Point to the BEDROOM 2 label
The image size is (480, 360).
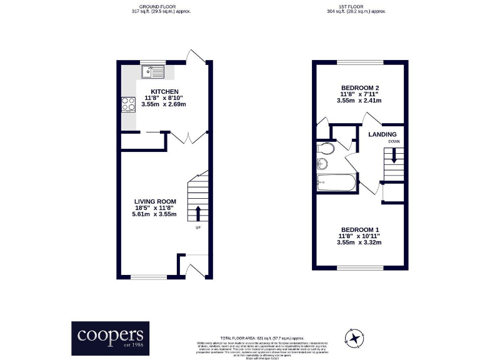[x=360, y=87]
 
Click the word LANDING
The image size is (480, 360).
[x=382, y=134]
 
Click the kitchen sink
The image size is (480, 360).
[x=152, y=73]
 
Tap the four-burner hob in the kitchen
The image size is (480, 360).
[x=128, y=104]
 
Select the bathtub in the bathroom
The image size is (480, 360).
[x=336, y=183]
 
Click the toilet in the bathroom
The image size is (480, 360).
[x=324, y=149]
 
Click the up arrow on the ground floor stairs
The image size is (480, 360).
[x=199, y=212]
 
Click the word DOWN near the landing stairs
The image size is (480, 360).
[x=394, y=142]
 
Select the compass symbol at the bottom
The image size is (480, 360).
[x=355, y=338]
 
